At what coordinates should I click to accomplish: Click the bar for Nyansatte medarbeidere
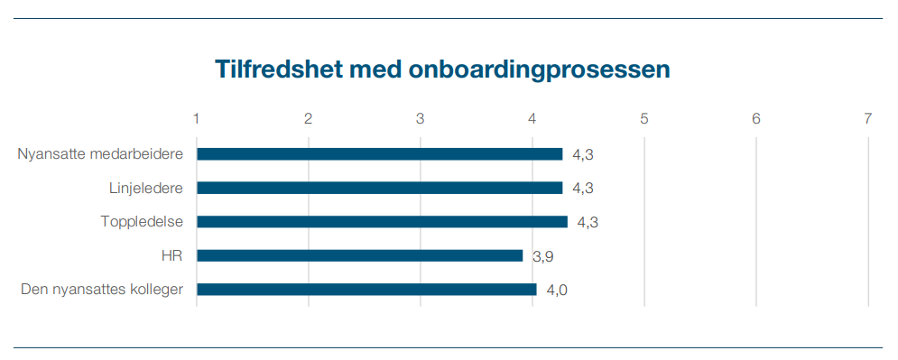[x=379, y=154]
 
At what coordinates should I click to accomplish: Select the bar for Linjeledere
[x=379, y=188]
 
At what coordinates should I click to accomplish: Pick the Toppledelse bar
[x=382, y=222]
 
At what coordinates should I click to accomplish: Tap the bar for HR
[x=359, y=255]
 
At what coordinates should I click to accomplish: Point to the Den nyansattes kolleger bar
[x=366, y=290]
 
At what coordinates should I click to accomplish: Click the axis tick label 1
[x=197, y=118]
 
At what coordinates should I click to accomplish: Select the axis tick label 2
[x=309, y=118]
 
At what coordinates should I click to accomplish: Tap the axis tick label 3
[x=421, y=118]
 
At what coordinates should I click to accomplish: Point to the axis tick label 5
[x=644, y=118]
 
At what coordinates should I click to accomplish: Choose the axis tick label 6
[x=756, y=118]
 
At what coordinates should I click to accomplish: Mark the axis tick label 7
[x=868, y=118]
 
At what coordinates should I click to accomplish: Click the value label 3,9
[x=542, y=256]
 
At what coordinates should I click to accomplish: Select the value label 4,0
[x=557, y=291]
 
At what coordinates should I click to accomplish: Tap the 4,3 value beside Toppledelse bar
[x=588, y=223]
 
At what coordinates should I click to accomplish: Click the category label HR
[x=172, y=255]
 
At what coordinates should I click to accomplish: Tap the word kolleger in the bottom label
[x=155, y=290]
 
